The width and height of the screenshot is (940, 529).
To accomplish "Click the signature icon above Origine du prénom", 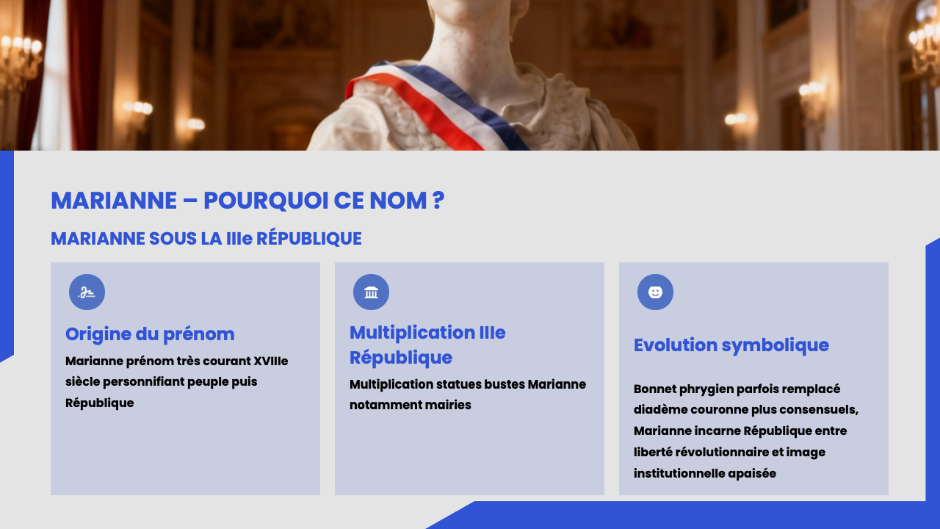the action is coord(87,292).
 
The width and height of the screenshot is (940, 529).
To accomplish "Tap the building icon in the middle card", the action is coord(371,292).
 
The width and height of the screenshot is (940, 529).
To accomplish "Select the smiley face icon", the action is coord(655,292).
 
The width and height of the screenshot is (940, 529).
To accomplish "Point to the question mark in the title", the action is coord(438,201).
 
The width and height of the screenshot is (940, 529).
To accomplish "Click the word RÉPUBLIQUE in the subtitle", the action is coord(309,239).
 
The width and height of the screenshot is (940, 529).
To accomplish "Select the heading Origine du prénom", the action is coord(150,334).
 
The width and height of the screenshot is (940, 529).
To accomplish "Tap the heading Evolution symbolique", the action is coord(731,345).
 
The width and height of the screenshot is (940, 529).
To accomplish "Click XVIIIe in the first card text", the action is coord(270,361).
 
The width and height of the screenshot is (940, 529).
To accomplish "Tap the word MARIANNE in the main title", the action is coord(114,201).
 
